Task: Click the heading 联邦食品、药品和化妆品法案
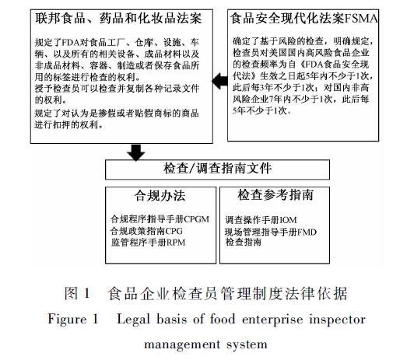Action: tap(118, 19)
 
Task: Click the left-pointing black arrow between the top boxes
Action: tap(219, 81)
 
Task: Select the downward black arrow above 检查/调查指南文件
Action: tap(135, 152)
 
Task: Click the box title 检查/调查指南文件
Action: tap(217, 169)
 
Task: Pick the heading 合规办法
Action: tap(160, 196)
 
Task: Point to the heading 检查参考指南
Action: tap(275, 195)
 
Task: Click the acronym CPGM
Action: tap(196, 219)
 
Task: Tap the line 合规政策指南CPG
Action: tap(146, 231)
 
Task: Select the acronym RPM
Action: tap(176, 243)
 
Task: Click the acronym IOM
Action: tap(288, 220)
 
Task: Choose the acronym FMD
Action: tap(307, 232)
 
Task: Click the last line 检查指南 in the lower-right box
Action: tap(243, 242)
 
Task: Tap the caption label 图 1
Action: tap(77, 293)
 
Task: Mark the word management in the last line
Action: tap(182, 344)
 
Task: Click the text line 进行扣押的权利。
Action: tap(69, 124)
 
